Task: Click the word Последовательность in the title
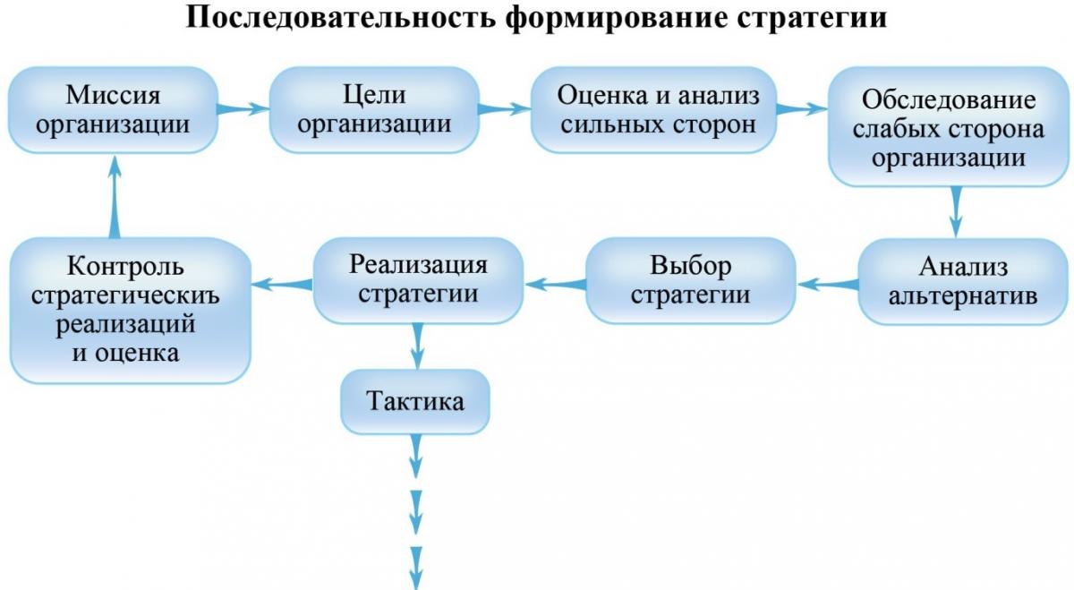[340, 18]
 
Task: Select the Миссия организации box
[113, 110]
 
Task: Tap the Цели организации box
[374, 110]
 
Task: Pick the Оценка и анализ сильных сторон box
[653, 110]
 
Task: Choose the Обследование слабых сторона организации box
[949, 126]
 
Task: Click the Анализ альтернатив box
[963, 281]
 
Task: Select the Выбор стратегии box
[691, 280]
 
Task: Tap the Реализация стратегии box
[418, 280]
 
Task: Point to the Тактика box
[415, 401]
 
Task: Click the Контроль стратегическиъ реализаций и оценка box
[130, 311]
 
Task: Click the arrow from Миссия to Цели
[243, 109]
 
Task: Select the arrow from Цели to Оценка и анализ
[505, 109]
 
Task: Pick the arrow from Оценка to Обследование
[802, 109]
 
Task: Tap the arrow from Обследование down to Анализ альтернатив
[956, 212]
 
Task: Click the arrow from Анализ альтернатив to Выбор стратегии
[828, 285]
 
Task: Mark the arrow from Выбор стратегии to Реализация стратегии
[556, 285]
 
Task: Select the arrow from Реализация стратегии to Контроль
[283, 285]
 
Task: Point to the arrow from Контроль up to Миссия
[115, 196]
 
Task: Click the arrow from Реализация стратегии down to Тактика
[418, 346]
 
